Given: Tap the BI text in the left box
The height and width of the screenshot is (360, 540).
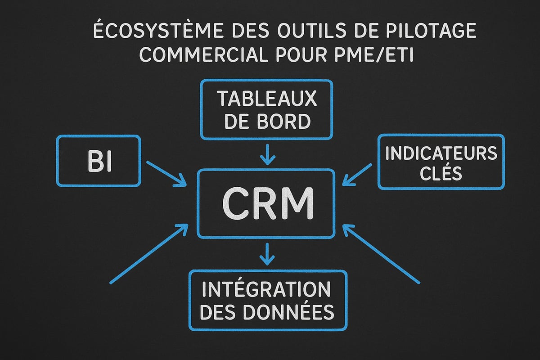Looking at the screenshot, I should coord(99,163).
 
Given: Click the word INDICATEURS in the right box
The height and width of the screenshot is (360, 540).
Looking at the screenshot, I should coord(441,154).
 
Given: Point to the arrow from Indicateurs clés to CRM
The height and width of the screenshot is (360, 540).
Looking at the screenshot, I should coord(358,174).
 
